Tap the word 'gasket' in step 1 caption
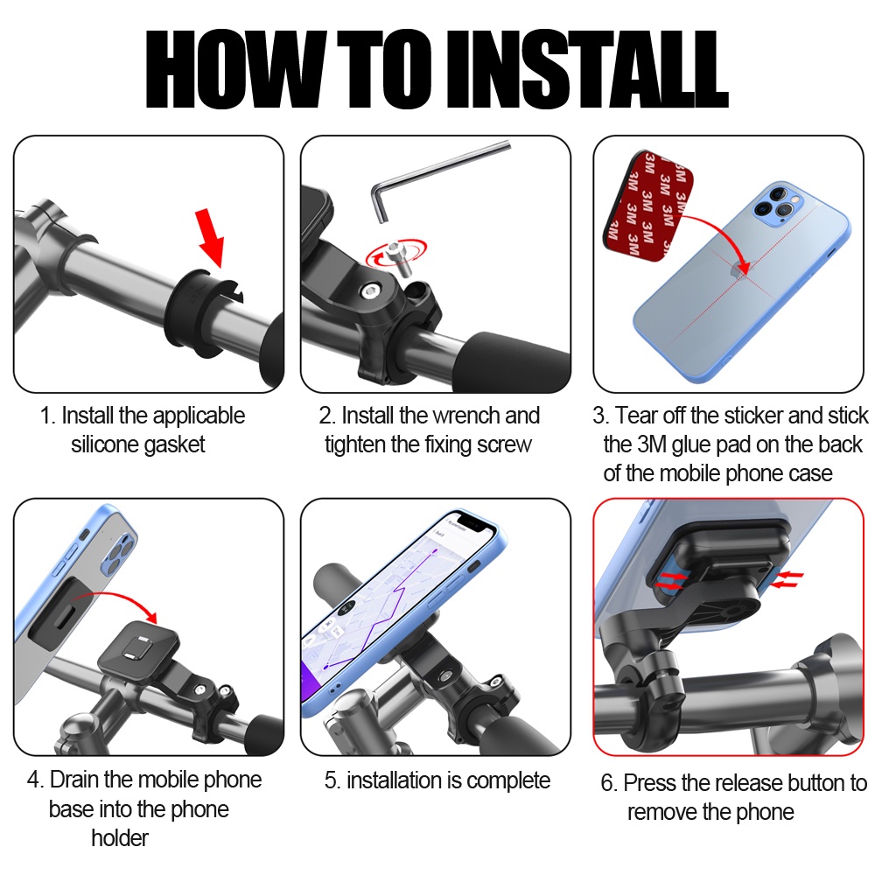pyautogui.click(x=174, y=444)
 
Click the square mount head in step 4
pyautogui.click(x=138, y=648)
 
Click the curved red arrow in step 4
pyautogui.click(x=115, y=602)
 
